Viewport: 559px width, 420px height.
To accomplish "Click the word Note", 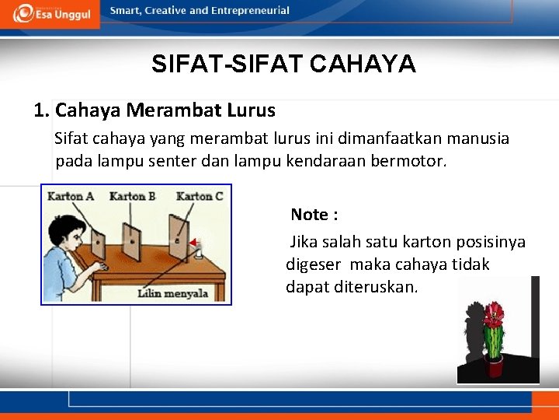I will tap(309, 215).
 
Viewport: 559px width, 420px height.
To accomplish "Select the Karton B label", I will tap(132, 196).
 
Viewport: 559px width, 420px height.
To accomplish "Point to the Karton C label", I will tap(199, 196).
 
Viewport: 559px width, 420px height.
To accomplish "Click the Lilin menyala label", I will tap(173, 293).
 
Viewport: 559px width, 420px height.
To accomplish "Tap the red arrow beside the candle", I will tap(192, 243).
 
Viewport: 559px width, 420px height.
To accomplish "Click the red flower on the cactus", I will tap(493, 315).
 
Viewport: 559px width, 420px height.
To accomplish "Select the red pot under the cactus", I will tap(494, 363).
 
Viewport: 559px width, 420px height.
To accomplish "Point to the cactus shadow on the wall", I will tap(473, 331).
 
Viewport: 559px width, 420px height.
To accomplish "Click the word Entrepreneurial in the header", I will tap(252, 11).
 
